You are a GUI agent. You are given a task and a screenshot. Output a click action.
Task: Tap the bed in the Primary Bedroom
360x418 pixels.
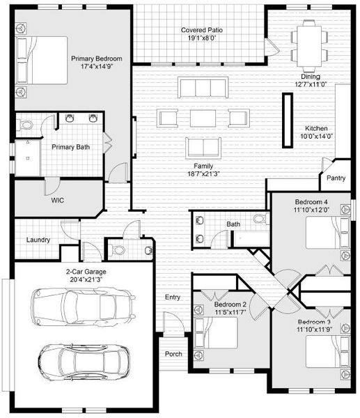click(42, 60)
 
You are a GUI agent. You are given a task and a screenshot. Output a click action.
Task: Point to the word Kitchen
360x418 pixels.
click(315, 129)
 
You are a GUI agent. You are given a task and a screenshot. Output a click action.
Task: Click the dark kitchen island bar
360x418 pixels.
click(286, 120)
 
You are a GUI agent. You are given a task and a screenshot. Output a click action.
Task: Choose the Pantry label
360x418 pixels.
click(336, 178)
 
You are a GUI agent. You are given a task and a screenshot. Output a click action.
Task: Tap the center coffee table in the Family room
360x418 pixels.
click(203, 118)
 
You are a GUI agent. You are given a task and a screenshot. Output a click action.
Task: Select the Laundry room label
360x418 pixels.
click(38, 240)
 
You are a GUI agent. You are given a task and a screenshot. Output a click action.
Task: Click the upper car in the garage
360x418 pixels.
click(82, 304)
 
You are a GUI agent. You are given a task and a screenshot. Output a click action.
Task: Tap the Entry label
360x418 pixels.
click(173, 297)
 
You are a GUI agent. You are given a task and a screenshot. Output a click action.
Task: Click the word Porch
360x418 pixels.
click(174, 354)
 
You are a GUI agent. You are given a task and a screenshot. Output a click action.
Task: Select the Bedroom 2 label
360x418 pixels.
click(230, 305)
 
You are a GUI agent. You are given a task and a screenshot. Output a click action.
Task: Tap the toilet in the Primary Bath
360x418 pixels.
click(26, 125)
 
